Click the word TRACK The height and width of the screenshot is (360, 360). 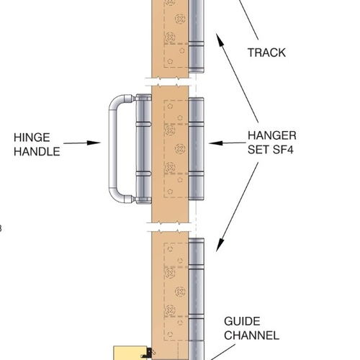[x=266, y=53]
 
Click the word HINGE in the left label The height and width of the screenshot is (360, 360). [x=32, y=138]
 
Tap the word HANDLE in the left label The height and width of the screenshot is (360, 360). [x=37, y=152]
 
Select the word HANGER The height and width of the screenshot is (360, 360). [x=272, y=135]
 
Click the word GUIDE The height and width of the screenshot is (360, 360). [x=242, y=321]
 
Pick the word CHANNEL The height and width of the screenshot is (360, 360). [x=251, y=336]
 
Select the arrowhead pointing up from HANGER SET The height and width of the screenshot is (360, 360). [x=220, y=40]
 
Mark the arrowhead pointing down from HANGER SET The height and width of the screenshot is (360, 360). [x=220, y=246]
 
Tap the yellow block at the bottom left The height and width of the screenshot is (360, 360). [x=130, y=353]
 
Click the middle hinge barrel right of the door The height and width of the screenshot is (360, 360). [x=197, y=149]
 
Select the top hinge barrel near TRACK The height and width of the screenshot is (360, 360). [x=197, y=36]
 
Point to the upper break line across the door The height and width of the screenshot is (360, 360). [x=169, y=81]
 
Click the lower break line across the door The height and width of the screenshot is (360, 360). [x=169, y=227]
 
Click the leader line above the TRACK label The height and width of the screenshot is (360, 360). [x=249, y=20]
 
